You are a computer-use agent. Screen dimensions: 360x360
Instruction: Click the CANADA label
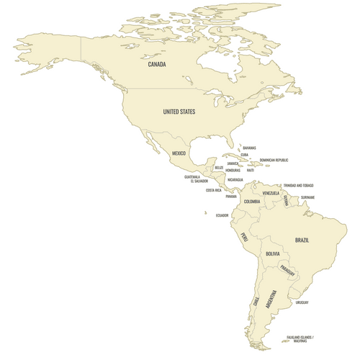(x=157, y=65)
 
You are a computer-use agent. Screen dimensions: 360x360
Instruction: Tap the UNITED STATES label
(x=179, y=112)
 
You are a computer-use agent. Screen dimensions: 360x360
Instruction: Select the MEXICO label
(x=179, y=153)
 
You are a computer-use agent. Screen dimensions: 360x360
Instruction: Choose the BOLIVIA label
(x=273, y=254)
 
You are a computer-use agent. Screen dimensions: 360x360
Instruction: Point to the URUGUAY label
(x=302, y=302)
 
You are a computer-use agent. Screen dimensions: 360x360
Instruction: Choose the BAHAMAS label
(x=249, y=148)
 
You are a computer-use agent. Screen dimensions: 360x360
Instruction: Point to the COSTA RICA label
(x=214, y=190)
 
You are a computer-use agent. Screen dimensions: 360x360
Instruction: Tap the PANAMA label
(x=230, y=196)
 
